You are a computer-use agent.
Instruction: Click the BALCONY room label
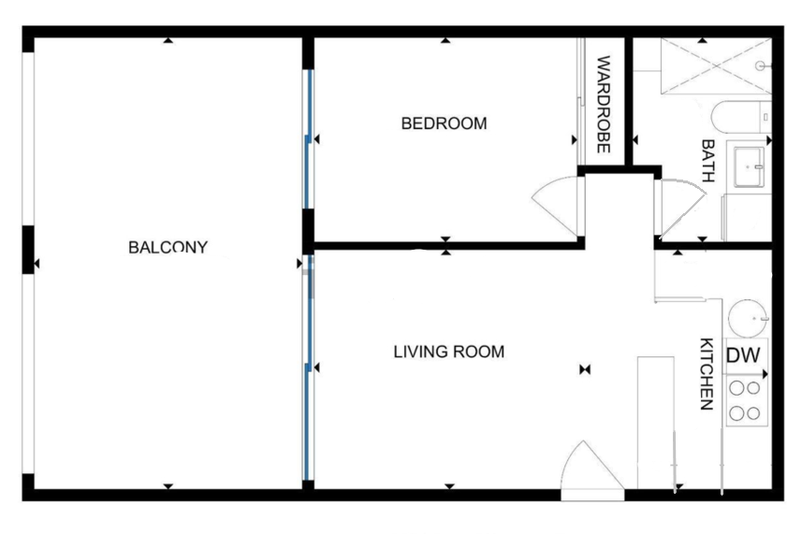point(168,247)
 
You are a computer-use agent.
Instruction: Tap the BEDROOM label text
point(444,123)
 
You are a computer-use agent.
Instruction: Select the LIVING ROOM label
point(449,352)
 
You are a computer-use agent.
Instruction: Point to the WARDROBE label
point(604,104)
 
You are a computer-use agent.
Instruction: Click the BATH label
point(707,161)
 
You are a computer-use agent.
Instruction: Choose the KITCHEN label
point(707,373)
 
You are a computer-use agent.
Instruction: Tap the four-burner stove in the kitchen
point(746,401)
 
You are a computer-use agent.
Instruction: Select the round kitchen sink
point(748,319)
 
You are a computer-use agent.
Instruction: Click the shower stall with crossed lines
point(716,65)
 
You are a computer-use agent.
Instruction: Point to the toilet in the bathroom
point(740,117)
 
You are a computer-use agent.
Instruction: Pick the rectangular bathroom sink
point(749,167)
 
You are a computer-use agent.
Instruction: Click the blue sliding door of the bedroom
point(309,139)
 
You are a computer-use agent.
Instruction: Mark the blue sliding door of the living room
point(309,368)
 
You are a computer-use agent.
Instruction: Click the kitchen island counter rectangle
point(655,423)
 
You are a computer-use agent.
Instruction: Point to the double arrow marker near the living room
point(585,369)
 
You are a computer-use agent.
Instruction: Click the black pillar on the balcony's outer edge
point(28,250)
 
